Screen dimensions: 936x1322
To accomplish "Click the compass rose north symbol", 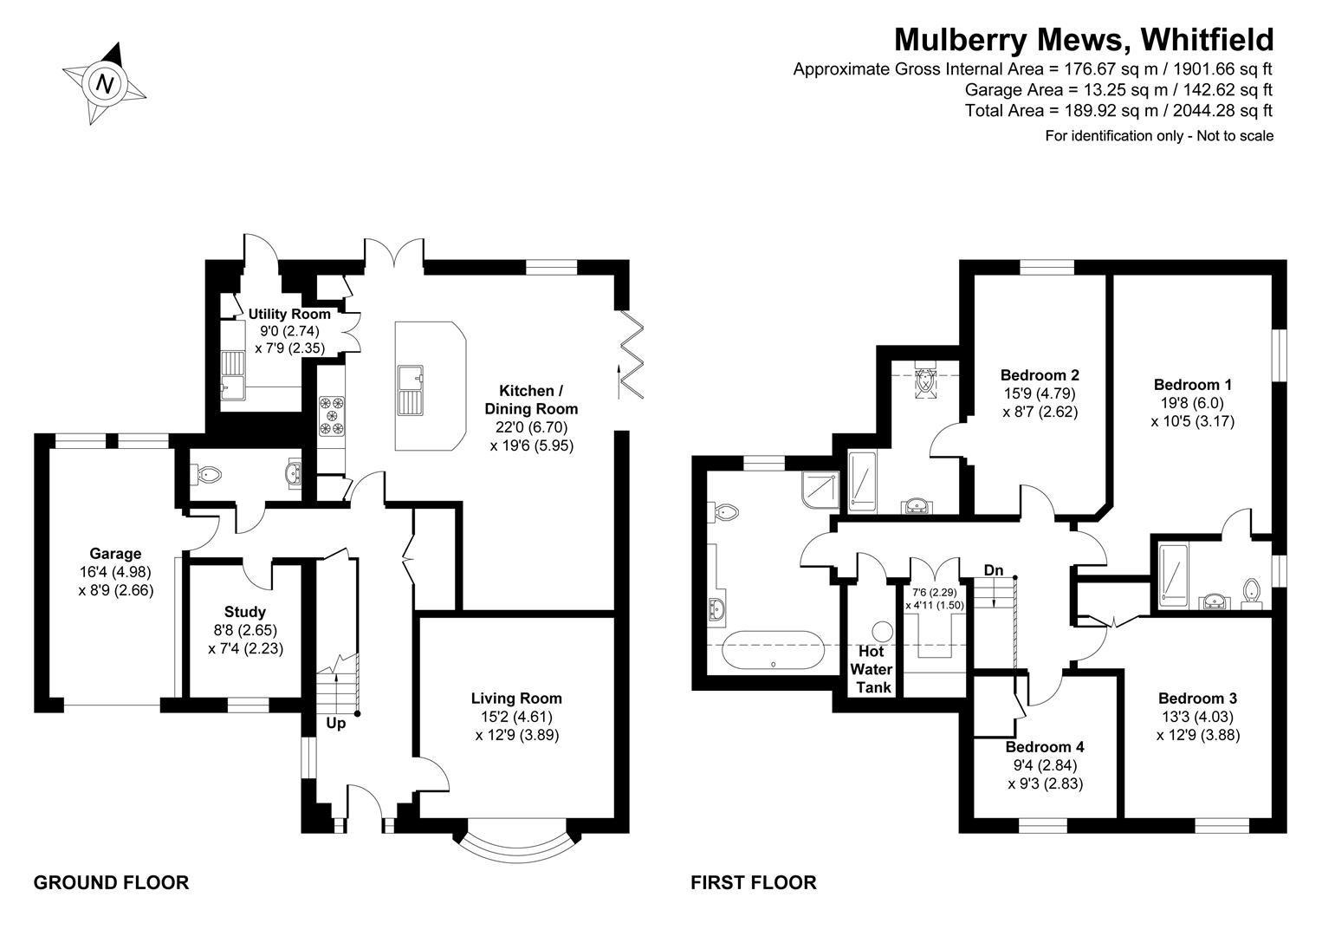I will click(x=105, y=84).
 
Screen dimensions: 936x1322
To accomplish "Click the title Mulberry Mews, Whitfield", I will click(x=1083, y=40).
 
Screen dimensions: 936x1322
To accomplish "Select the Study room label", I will click(x=245, y=612).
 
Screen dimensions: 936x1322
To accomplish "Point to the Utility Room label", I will click(x=289, y=315).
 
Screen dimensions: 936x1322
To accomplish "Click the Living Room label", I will click(x=516, y=699).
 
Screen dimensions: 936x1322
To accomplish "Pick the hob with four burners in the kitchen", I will click(x=332, y=415).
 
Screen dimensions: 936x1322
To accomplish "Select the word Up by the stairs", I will click(x=335, y=723).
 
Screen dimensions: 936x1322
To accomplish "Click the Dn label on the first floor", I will click(x=994, y=570).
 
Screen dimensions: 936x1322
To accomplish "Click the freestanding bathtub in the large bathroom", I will click(x=773, y=650).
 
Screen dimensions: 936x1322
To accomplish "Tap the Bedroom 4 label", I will click(x=1045, y=747).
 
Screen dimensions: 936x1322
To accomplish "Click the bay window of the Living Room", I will click(x=515, y=845).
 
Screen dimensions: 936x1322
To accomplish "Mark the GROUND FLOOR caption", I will click(x=111, y=883).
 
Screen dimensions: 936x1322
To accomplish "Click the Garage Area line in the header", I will click(x=1118, y=89).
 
